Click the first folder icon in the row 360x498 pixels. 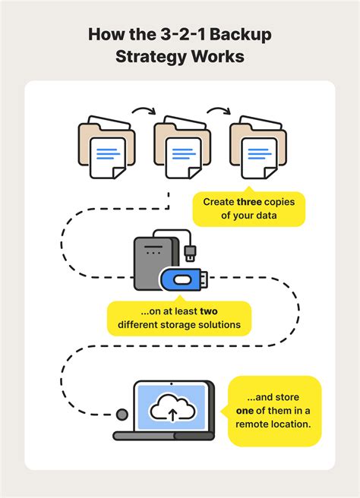pyautogui.click(x=105, y=146)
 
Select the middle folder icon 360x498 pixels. pyautogui.click(x=180, y=146)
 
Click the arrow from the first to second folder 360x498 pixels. pyautogui.click(x=141, y=112)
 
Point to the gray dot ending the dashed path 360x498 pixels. pyautogui.click(x=121, y=414)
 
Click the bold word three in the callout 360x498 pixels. pyautogui.click(x=251, y=202)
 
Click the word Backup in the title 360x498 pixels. pyautogui.click(x=244, y=35)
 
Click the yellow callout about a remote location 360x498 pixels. pyautogui.click(x=275, y=411)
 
